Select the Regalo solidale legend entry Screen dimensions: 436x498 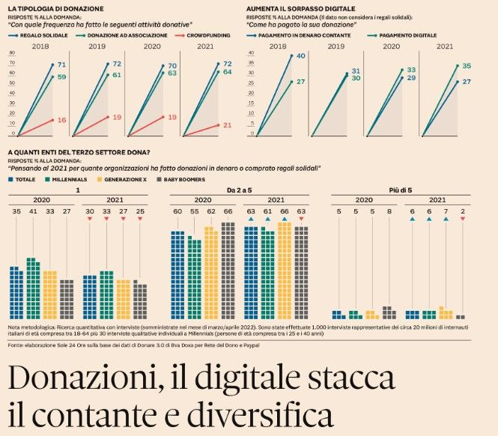41,35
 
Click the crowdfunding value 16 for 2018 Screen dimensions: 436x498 62,120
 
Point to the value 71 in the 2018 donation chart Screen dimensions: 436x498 62,65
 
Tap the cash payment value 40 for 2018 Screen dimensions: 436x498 300,56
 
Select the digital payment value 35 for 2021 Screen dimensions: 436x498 467,66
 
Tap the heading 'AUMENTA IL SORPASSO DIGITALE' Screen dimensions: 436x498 297,7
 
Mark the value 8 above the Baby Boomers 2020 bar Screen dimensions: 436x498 388,212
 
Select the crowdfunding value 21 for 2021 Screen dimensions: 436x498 227,124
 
